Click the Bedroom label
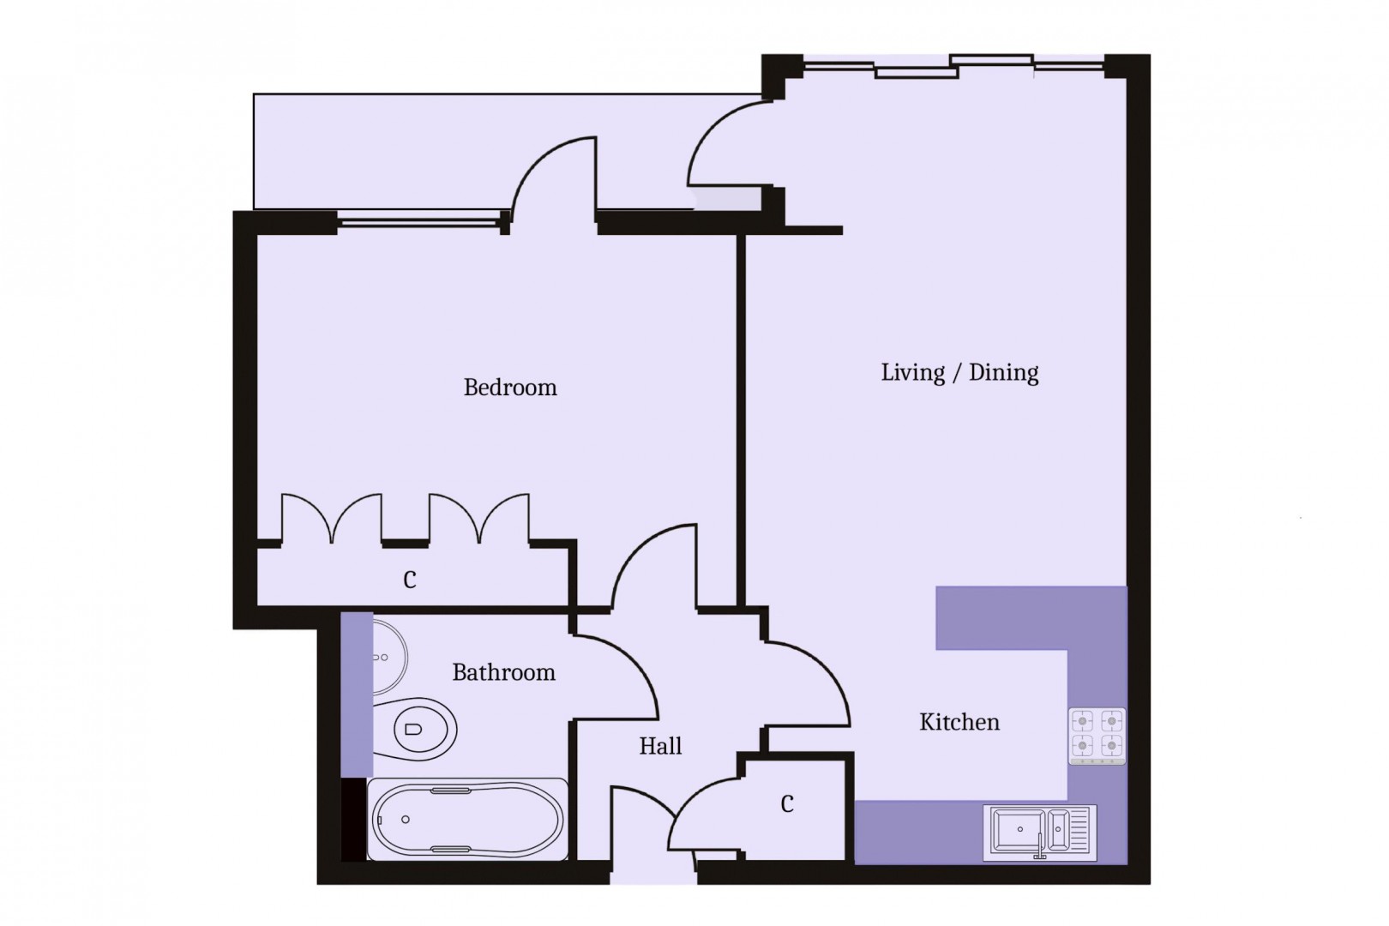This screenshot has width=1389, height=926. click(510, 388)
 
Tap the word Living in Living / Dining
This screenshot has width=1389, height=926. click(912, 372)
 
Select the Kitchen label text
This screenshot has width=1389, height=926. click(959, 722)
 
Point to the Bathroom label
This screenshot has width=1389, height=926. click(503, 672)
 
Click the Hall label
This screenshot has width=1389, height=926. click(660, 746)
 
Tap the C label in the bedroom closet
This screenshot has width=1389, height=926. click(410, 580)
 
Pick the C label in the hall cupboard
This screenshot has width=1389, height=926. click(787, 804)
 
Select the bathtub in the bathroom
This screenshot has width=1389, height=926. click(467, 819)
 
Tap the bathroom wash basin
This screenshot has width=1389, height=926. click(388, 658)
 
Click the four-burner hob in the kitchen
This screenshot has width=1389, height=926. click(1097, 735)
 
